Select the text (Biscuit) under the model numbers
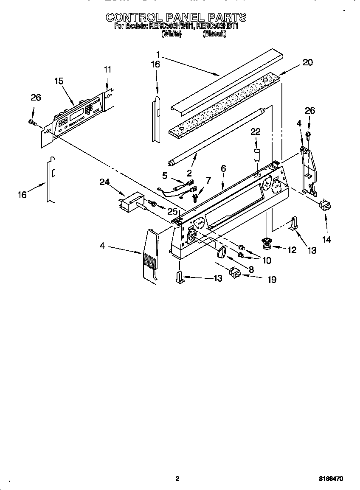214,34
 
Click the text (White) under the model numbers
172,34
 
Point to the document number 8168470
331,479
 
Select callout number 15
59,81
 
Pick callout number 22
256,132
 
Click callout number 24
104,182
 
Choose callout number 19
271,279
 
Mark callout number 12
292,250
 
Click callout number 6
223,168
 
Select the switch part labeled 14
326,207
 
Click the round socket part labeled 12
267,243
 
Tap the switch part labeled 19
234,272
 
